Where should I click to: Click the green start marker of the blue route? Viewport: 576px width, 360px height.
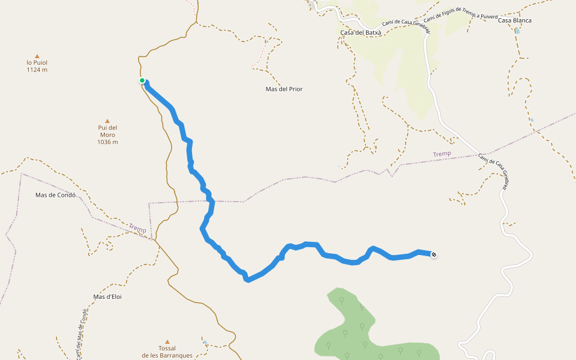[x=142, y=80]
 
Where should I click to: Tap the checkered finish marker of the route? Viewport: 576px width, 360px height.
[x=434, y=254]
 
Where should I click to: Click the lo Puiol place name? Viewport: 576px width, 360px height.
[x=37, y=62]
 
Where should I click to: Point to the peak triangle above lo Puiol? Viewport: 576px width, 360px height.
[x=37, y=55]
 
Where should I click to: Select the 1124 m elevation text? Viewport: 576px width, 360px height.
[x=37, y=70]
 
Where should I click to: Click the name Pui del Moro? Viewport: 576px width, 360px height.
[x=107, y=131]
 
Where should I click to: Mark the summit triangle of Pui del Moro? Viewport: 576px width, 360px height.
[x=107, y=121]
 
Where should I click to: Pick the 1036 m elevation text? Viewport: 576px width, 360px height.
[x=107, y=142]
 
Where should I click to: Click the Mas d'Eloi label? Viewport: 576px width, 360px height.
[x=107, y=296]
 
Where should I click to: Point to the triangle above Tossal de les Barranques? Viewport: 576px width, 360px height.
[x=167, y=341]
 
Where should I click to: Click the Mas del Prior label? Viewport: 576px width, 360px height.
[x=284, y=89]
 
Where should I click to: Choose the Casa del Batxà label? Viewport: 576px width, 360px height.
[x=360, y=32]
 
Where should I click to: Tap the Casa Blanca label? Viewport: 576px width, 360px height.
[x=514, y=20]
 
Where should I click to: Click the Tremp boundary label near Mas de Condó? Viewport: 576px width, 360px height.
[x=137, y=228]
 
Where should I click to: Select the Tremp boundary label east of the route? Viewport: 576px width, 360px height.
[x=442, y=154]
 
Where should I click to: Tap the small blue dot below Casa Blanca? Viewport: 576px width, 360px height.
[x=518, y=31]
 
